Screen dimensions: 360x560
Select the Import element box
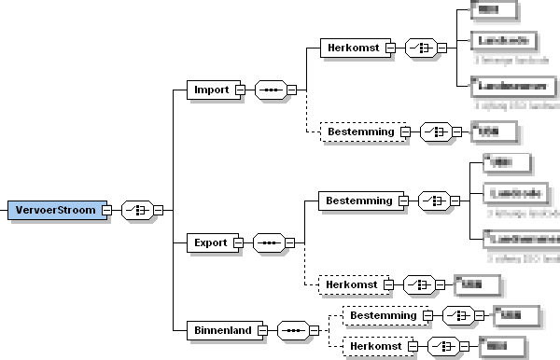pos(211,90)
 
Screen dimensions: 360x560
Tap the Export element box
pos(210,242)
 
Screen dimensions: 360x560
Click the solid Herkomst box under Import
pos(352,47)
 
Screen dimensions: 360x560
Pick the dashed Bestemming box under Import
pos(359,132)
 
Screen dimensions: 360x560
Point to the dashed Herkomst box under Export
pos(352,284)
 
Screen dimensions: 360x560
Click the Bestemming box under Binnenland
pos(382,317)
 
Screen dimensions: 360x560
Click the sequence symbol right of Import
pos(270,90)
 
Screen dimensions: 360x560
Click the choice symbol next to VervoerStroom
pos(136,210)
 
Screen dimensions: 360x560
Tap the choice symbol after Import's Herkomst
pos(425,47)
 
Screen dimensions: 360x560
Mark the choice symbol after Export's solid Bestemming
pos(434,200)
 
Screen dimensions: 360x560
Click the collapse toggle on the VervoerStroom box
pos(106,210)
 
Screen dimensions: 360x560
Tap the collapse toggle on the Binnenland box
pos(262,330)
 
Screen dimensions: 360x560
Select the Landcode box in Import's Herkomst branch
pos(503,41)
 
